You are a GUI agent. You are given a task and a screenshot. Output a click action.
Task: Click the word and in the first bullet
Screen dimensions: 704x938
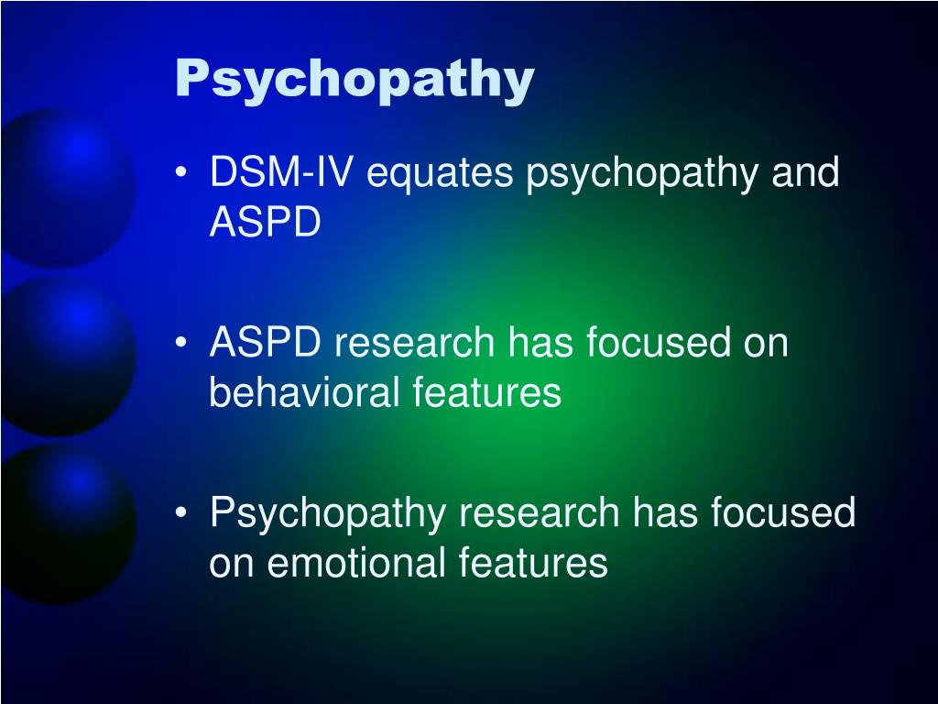805,173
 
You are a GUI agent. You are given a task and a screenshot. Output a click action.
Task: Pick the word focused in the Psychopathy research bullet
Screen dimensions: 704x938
786,512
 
